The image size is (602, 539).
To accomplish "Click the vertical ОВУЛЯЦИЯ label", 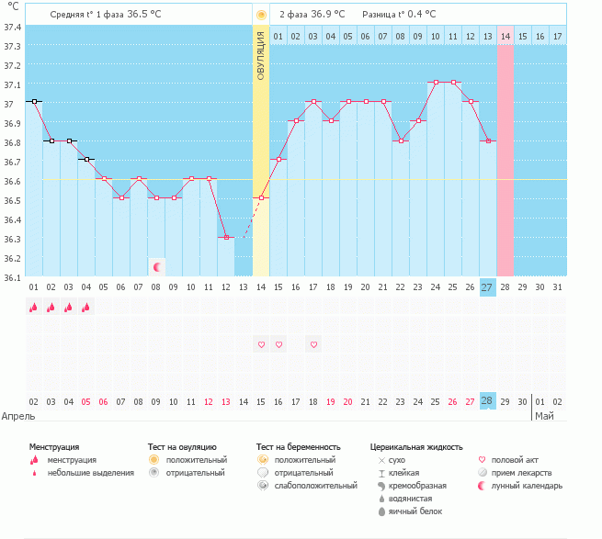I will [x=261, y=55].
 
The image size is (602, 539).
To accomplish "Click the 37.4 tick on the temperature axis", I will [x=13, y=27].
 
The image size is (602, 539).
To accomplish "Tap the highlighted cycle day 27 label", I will [x=487, y=287].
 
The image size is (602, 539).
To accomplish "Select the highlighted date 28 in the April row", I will [x=487, y=401].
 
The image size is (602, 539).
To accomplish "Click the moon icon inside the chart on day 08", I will [x=157, y=266].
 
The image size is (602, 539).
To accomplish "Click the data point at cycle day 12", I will [x=226, y=238].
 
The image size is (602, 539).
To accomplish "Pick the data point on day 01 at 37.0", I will [x=34, y=101].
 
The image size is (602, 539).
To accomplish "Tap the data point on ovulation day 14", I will [x=261, y=198].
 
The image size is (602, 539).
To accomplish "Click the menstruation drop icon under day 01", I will [x=34, y=309].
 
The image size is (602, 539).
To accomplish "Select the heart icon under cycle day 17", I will [x=313, y=344].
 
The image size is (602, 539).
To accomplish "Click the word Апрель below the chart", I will [x=18, y=416].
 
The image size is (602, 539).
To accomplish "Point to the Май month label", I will [x=545, y=416].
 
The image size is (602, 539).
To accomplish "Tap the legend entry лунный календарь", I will [x=527, y=485].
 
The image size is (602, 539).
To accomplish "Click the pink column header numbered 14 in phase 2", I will [x=505, y=36].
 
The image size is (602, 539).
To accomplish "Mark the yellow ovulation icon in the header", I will [x=261, y=15].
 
